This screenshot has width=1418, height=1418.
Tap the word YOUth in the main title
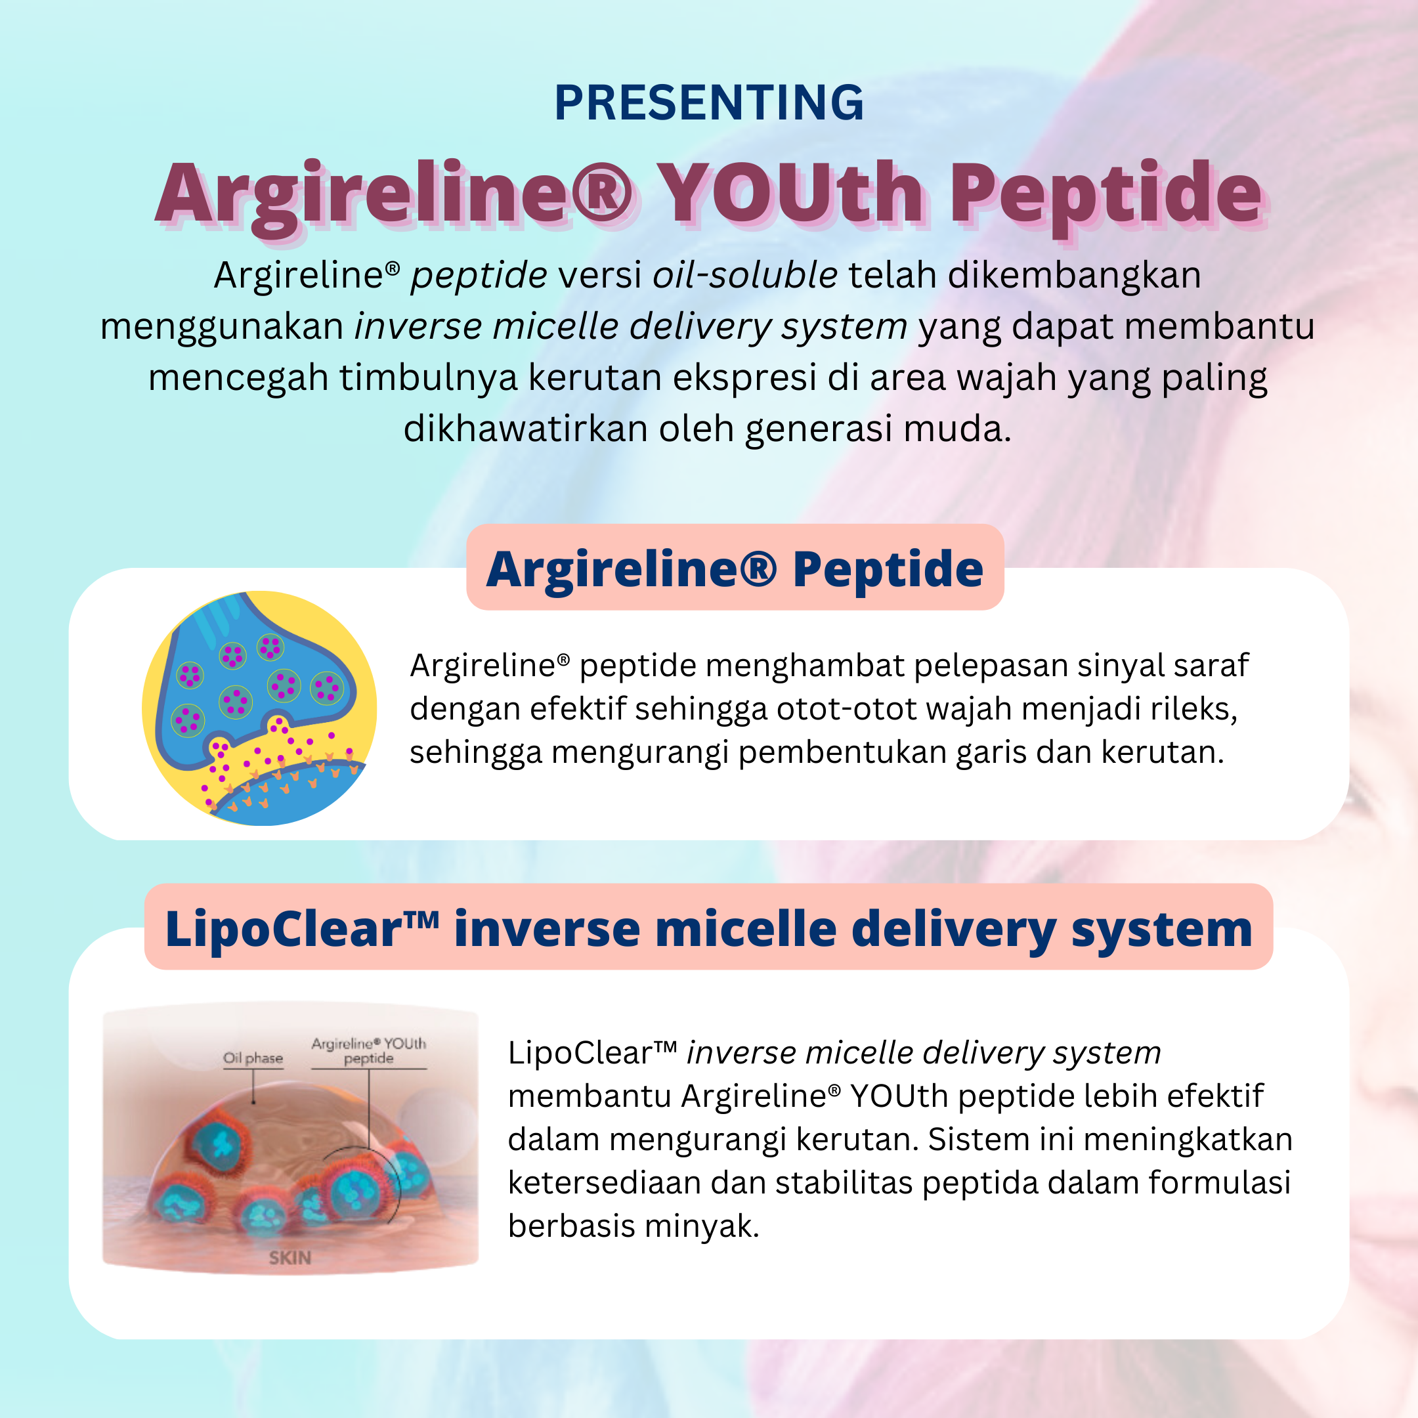[x=790, y=193]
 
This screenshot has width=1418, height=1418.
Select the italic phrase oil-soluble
[x=744, y=275]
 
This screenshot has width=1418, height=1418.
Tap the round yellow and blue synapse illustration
[x=259, y=708]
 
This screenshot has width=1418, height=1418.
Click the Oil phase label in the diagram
[x=253, y=1058]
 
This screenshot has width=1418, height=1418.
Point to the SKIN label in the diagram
[x=290, y=1258]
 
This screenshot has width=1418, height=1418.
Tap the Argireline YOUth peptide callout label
[x=368, y=1050]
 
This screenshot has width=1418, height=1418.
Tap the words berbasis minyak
[x=633, y=1226]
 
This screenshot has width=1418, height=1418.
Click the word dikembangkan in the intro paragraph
[x=1074, y=275]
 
